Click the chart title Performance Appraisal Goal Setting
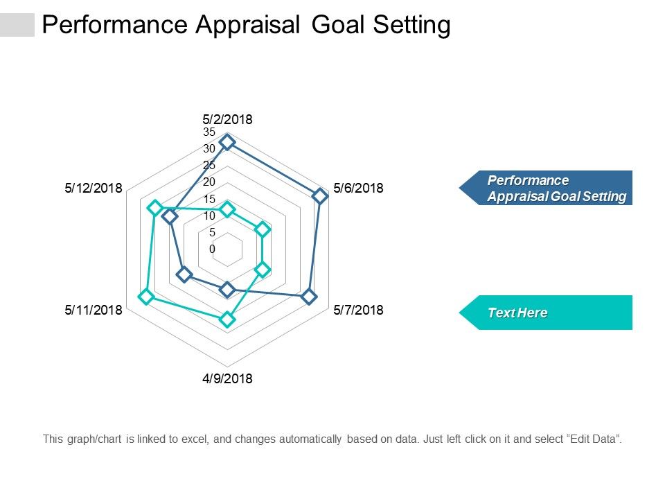point(246,25)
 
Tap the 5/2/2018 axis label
point(227,119)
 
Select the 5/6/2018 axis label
point(358,188)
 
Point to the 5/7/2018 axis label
point(358,310)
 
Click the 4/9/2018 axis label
point(227,378)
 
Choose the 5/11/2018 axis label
point(94,310)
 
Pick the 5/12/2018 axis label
point(94,188)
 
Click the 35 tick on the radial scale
point(209,132)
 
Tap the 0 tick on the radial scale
point(213,249)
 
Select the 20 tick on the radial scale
point(209,182)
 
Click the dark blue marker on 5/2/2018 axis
point(227,144)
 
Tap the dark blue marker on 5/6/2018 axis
point(319,195)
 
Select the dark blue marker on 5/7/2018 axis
point(309,297)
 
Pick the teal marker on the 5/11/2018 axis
point(145,297)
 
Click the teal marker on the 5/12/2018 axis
point(155,208)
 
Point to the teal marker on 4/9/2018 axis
point(227,320)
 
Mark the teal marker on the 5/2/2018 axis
point(227,209)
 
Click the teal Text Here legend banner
point(547,313)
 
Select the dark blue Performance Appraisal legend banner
point(547,188)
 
